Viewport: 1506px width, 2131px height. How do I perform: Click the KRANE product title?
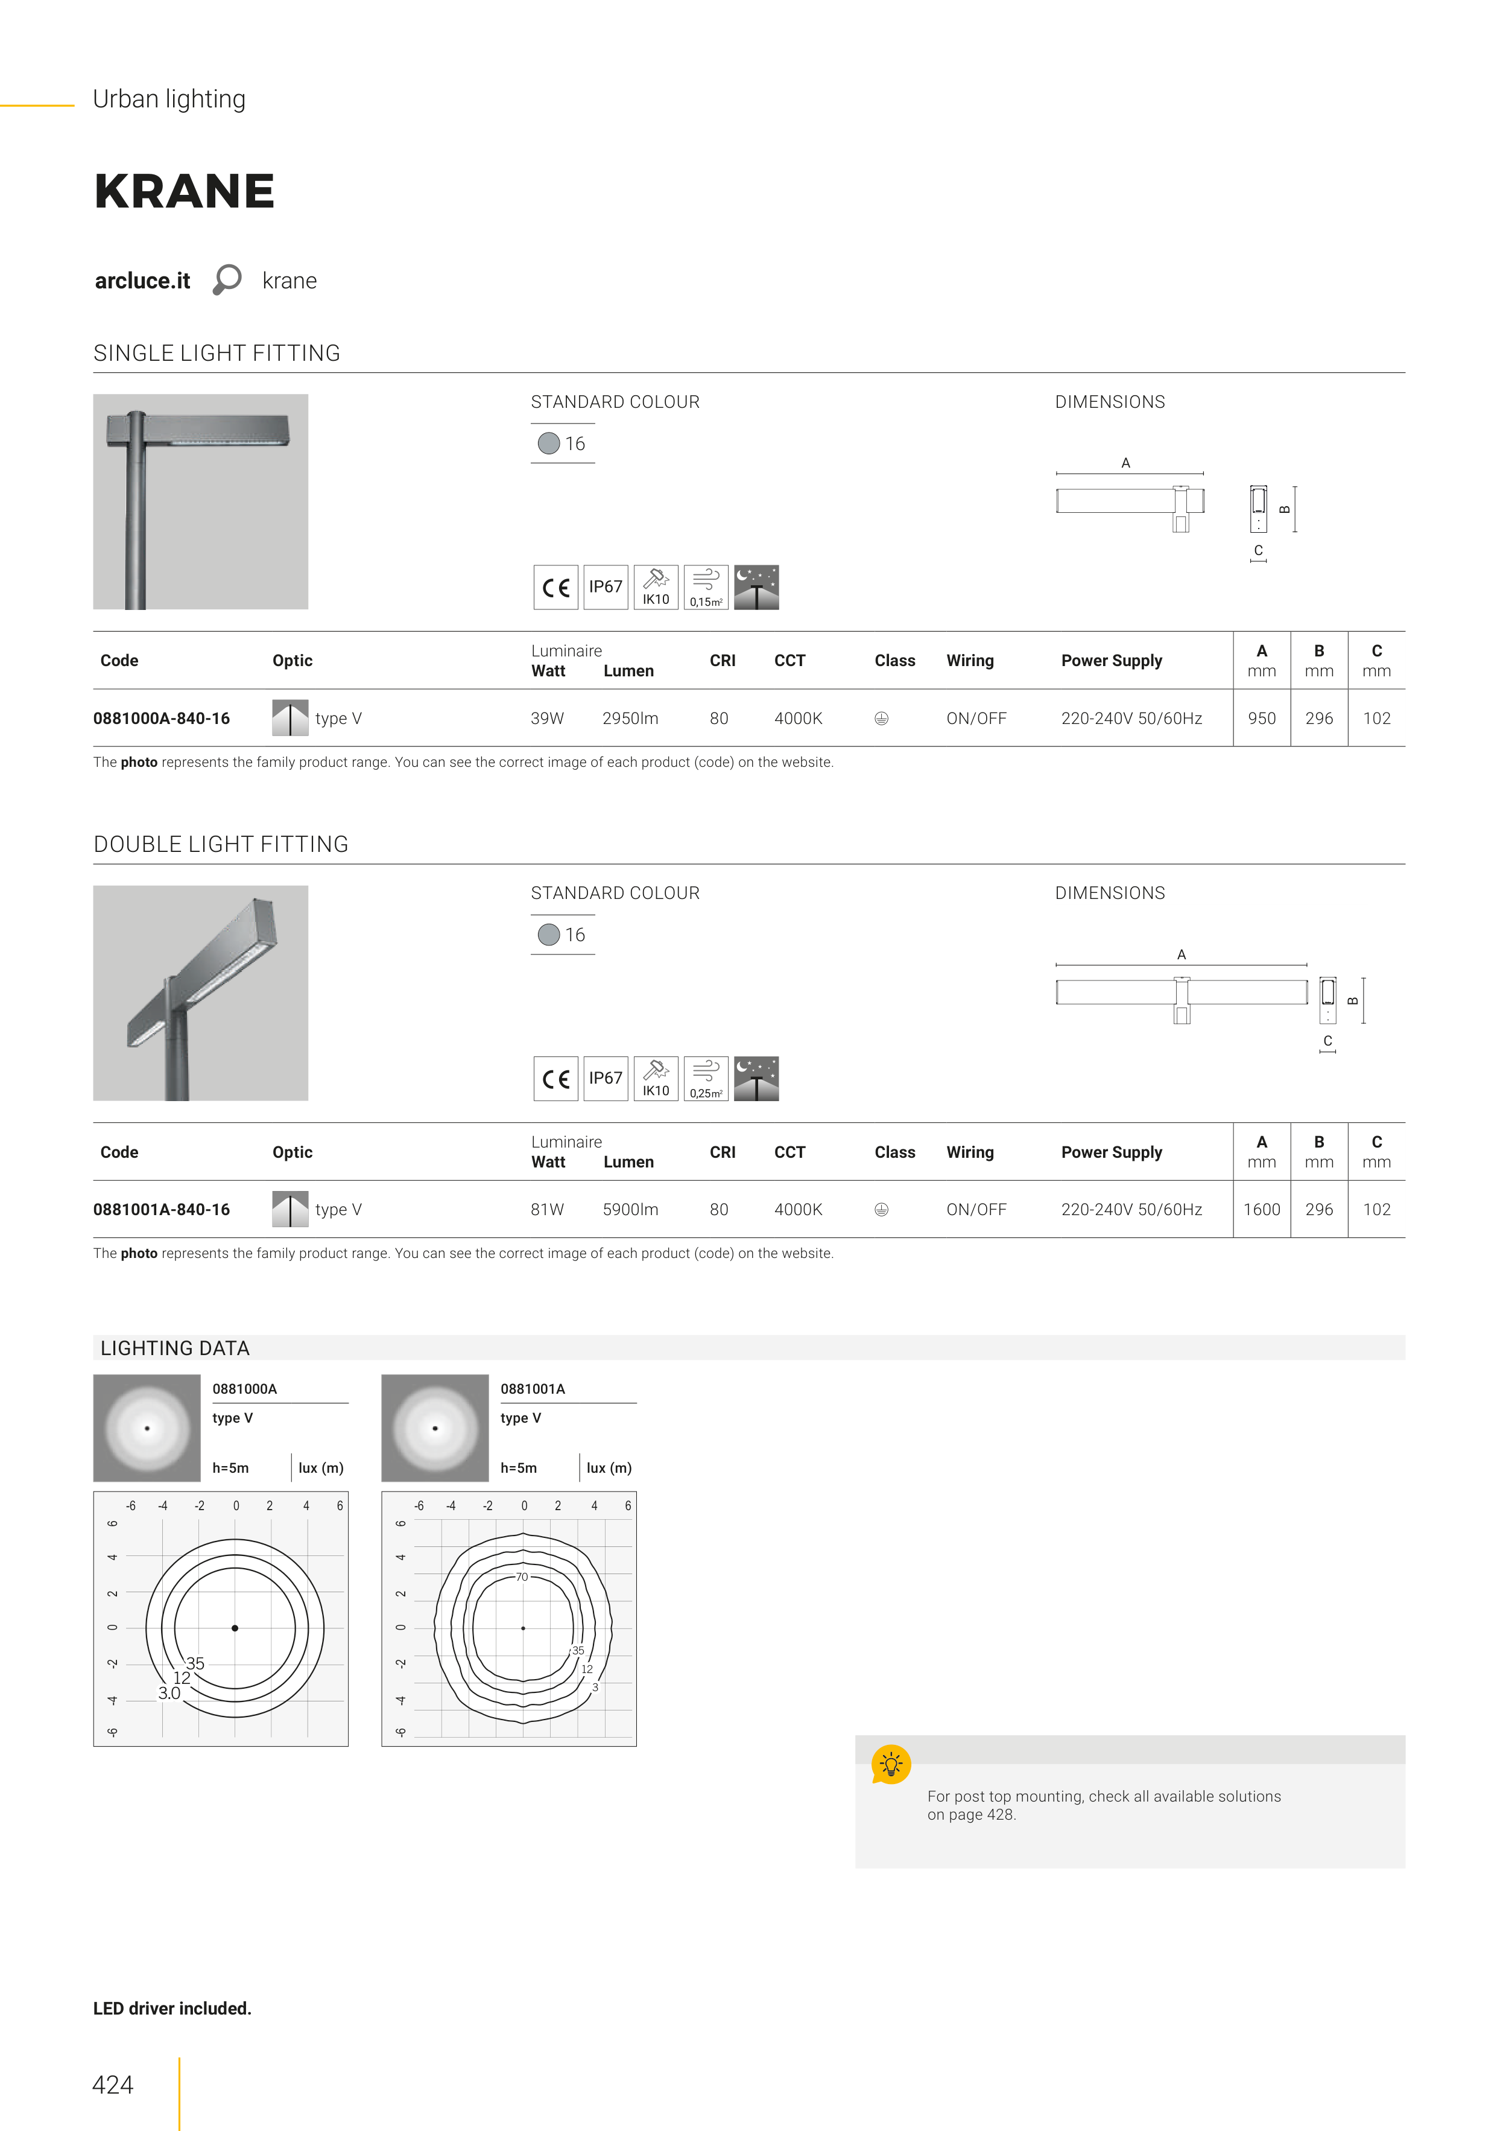(185, 191)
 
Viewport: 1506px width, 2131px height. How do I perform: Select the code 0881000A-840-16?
(162, 719)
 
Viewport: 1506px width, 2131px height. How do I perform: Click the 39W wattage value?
(548, 719)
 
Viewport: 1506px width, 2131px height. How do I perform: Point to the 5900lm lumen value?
(630, 1209)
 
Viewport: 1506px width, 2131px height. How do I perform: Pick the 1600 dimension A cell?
(1262, 1209)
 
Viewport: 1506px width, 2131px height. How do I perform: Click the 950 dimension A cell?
(1262, 719)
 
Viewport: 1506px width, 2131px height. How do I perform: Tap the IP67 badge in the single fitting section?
(606, 586)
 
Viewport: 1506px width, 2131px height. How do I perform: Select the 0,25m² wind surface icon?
(706, 1079)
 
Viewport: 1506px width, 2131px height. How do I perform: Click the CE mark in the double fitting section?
(556, 1079)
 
